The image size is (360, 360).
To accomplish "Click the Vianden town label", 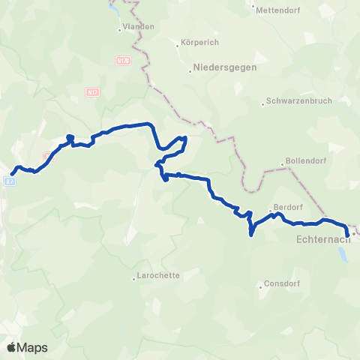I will coord(139,26).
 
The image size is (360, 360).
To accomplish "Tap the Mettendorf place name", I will coord(277,10).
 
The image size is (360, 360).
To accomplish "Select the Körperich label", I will coord(197,43).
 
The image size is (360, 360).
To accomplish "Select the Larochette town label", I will coord(160,275).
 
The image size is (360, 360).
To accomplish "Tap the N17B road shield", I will coord(124,60).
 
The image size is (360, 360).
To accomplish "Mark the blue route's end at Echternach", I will coord(346,234).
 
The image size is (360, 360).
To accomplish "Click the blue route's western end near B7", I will coord(11,175).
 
